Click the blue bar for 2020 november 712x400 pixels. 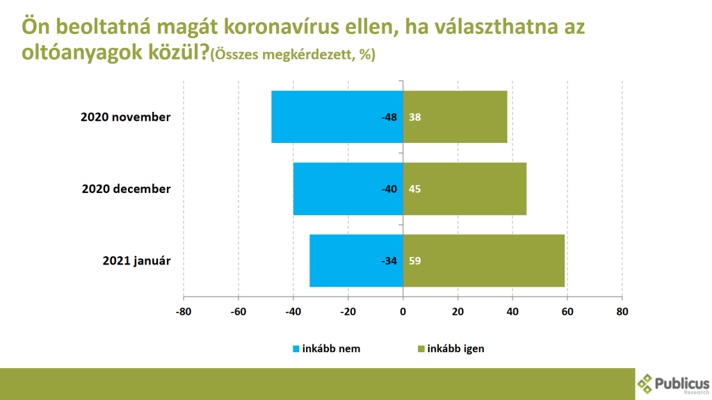[x=327, y=117]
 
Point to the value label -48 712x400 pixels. [x=389, y=117]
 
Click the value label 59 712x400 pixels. [x=415, y=262]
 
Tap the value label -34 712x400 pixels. [x=389, y=262]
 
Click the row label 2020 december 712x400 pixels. [x=126, y=189]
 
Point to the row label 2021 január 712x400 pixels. [x=136, y=261]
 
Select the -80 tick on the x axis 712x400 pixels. [x=184, y=311]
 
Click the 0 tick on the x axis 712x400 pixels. [x=403, y=311]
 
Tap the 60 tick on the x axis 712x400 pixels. [x=567, y=311]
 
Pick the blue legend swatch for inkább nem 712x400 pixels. [x=295, y=349]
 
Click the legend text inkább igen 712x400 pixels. [x=456, y=349]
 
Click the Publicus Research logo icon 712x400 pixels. [x=646, y=383]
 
